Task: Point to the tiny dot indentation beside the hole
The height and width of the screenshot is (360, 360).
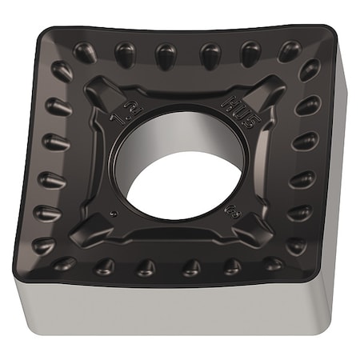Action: [115, 214]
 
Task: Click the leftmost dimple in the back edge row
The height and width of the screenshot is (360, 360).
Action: [84, 52]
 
